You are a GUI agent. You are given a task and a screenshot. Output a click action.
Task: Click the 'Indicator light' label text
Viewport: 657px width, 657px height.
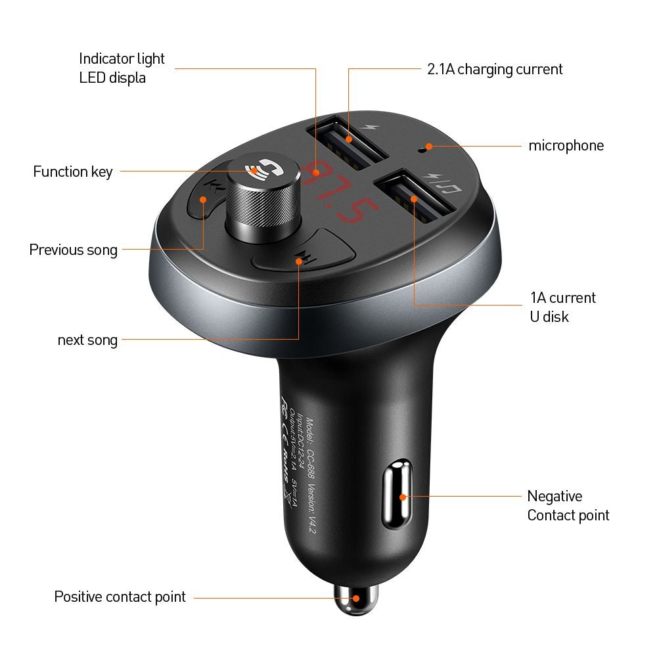(x=122, y=59)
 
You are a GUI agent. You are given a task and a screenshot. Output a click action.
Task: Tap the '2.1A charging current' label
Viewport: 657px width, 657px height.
(x=495, y=70)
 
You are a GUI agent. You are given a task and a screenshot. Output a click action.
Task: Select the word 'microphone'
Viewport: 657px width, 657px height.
(x=566, y=146)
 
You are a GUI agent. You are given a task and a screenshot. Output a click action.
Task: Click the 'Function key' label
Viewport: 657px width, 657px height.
(x=73, y=172)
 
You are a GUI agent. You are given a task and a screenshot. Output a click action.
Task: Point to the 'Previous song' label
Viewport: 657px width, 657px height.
(x=74, y=250)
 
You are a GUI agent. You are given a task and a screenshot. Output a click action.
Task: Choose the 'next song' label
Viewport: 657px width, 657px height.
(x=87, y=340)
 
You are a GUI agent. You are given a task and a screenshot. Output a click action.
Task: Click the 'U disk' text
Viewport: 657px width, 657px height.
(x=549, y=317)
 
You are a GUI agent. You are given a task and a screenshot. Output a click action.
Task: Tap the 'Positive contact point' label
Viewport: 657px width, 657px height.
(x=120, y=597)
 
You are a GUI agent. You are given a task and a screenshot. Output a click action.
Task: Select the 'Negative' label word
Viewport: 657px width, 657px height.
(x=555, y=497)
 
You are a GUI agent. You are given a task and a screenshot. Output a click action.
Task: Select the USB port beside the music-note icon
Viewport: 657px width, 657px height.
(x=416, y=198)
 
